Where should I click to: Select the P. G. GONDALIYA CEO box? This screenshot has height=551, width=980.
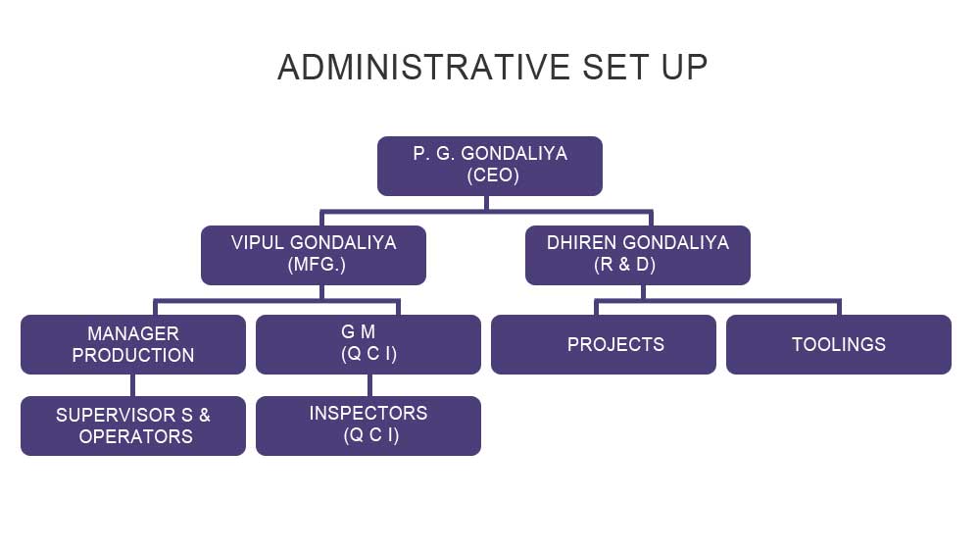490,166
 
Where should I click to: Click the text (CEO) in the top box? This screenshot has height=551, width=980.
493,175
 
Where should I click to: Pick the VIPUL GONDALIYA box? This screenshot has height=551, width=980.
314,255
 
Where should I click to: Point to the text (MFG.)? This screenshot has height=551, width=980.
317,265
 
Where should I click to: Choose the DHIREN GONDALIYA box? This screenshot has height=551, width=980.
638,255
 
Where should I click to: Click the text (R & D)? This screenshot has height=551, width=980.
625,265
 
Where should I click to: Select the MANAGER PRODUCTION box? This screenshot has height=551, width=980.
133,344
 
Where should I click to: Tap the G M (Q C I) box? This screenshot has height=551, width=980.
368,344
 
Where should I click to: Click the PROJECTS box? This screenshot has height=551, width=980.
604,344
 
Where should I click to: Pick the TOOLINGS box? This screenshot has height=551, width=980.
839,344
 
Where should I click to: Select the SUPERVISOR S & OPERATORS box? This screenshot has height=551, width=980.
133,426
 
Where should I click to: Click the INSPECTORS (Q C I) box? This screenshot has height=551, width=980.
368,426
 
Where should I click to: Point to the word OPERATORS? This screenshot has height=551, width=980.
135,436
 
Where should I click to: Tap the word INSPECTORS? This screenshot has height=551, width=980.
368,414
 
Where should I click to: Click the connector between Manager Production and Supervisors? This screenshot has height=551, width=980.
133,385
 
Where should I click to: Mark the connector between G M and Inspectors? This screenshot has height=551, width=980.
370,385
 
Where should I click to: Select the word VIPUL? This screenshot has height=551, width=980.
258,243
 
